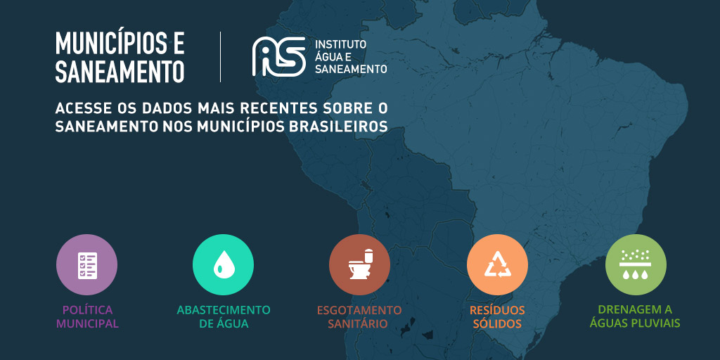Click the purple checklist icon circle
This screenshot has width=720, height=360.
point(86,264)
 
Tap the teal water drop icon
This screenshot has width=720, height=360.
point(223,264)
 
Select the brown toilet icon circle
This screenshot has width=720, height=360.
point(359,264)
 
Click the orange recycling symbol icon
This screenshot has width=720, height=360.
point(497,264)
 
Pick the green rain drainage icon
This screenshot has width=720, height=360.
point(636,264)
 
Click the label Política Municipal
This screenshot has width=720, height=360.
point(87,316)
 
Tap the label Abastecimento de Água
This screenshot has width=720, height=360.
point(224,316)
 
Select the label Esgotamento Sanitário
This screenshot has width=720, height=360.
point(359,316)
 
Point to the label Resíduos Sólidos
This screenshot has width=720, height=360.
point(497,316)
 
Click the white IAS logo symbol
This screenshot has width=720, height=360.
point(278,56)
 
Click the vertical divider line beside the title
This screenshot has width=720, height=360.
point(221,56)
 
